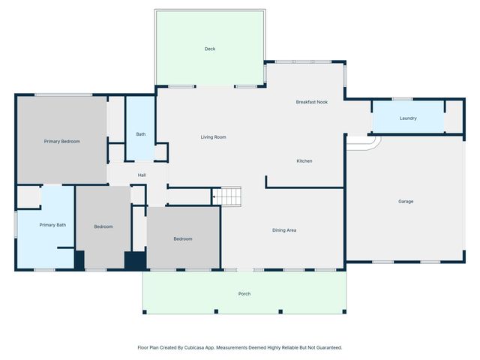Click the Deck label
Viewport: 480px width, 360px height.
[x=210, y=49]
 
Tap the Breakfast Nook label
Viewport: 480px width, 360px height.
[x=311, y=101]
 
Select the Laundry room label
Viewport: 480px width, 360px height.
[x=408, y=118]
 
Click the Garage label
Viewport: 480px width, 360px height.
[x=406, y=201]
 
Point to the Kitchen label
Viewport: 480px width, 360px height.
[x=304, y=161]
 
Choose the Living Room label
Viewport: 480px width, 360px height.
[x=213, y=137]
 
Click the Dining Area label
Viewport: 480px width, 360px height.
[x=284, y=229]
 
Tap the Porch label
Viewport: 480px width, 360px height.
[x=244, y=293]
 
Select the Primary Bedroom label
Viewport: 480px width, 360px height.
[x=61, y=141]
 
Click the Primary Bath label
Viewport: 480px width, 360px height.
[x=52, y=225]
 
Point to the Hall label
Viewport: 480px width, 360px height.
[x=141, y=175]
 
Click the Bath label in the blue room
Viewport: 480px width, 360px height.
[x=140, y=134]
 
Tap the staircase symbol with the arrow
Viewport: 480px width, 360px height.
[x=227, y=196]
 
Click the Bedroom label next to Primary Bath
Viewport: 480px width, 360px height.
[x=103, y=226]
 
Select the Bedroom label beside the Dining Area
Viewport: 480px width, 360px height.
[x=183, y=238]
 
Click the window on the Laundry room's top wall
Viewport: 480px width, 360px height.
[x=403, y=99]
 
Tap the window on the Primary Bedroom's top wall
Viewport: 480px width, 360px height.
[x=64, y=94]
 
